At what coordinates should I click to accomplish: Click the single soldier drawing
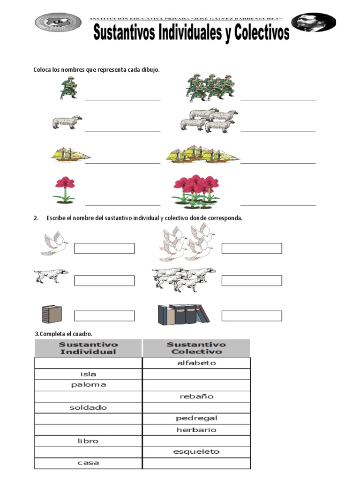(x=68, y=89)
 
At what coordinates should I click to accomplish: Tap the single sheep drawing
(x=67, y=122)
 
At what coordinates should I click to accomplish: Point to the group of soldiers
(x=210, y=88)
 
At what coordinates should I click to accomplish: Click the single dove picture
(x=53, y=244)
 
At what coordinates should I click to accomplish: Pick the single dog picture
(x=51, y=276)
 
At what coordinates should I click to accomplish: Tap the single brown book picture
(x=52, y=314)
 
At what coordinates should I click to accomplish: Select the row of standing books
(x=183, y=314)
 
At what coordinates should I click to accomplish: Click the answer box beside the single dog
(x=104, y=280)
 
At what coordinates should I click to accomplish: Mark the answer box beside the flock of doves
(x=251, y=248)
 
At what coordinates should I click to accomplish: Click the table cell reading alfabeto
(x=196, y=363)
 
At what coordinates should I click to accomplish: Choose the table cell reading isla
(x=88, y=374)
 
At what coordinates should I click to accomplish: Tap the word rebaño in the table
(x=196, y=397)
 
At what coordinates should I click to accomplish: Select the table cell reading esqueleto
(x=196, y=452)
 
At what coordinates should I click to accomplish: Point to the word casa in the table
(x=88, y=463)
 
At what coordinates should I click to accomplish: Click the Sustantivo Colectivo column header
(x=196, y=348)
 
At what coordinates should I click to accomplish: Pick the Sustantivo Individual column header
(x=88, y=348)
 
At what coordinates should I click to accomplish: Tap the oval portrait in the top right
(x=313, y=22)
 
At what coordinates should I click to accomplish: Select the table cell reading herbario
(x=196, y=430)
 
